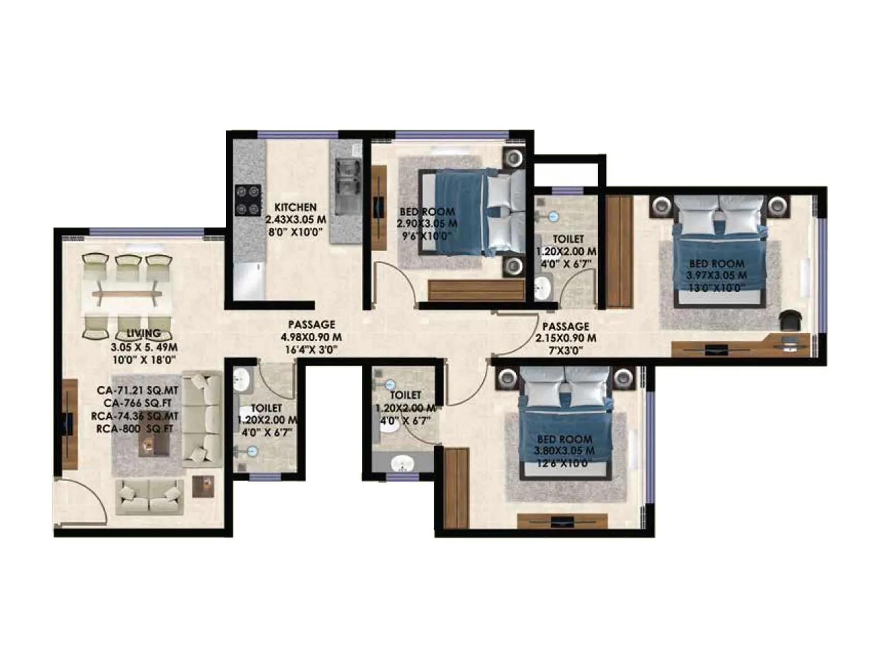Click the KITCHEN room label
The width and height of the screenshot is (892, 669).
[x=295, y=207]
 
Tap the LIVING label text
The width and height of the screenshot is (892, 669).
[x=143, y=333]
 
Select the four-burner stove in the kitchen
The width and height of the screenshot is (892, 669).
[x=248, y=200]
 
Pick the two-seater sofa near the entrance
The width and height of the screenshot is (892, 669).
[x=149, y=497]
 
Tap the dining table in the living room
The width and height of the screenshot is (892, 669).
[x=127, y=294]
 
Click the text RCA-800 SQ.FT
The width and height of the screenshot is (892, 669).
[x=134, y=429]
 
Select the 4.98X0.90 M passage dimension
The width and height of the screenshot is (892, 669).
[x=311, y=337]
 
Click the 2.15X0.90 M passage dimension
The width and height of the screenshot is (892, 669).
[x=566, y=338]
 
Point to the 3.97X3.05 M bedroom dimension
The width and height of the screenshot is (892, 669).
[x=716, y=275]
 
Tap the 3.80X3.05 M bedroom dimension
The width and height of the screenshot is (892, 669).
[x=564, y=451]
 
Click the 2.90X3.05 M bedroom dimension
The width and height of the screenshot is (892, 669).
[x=427, y=224]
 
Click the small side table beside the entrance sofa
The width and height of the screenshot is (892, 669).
[x=203, y=486]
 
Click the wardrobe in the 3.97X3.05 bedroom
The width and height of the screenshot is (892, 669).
[x=619, y=251]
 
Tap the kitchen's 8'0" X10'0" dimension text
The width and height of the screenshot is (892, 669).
[x=295, y=232]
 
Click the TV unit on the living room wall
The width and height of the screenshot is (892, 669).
[x=69, y=424]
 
